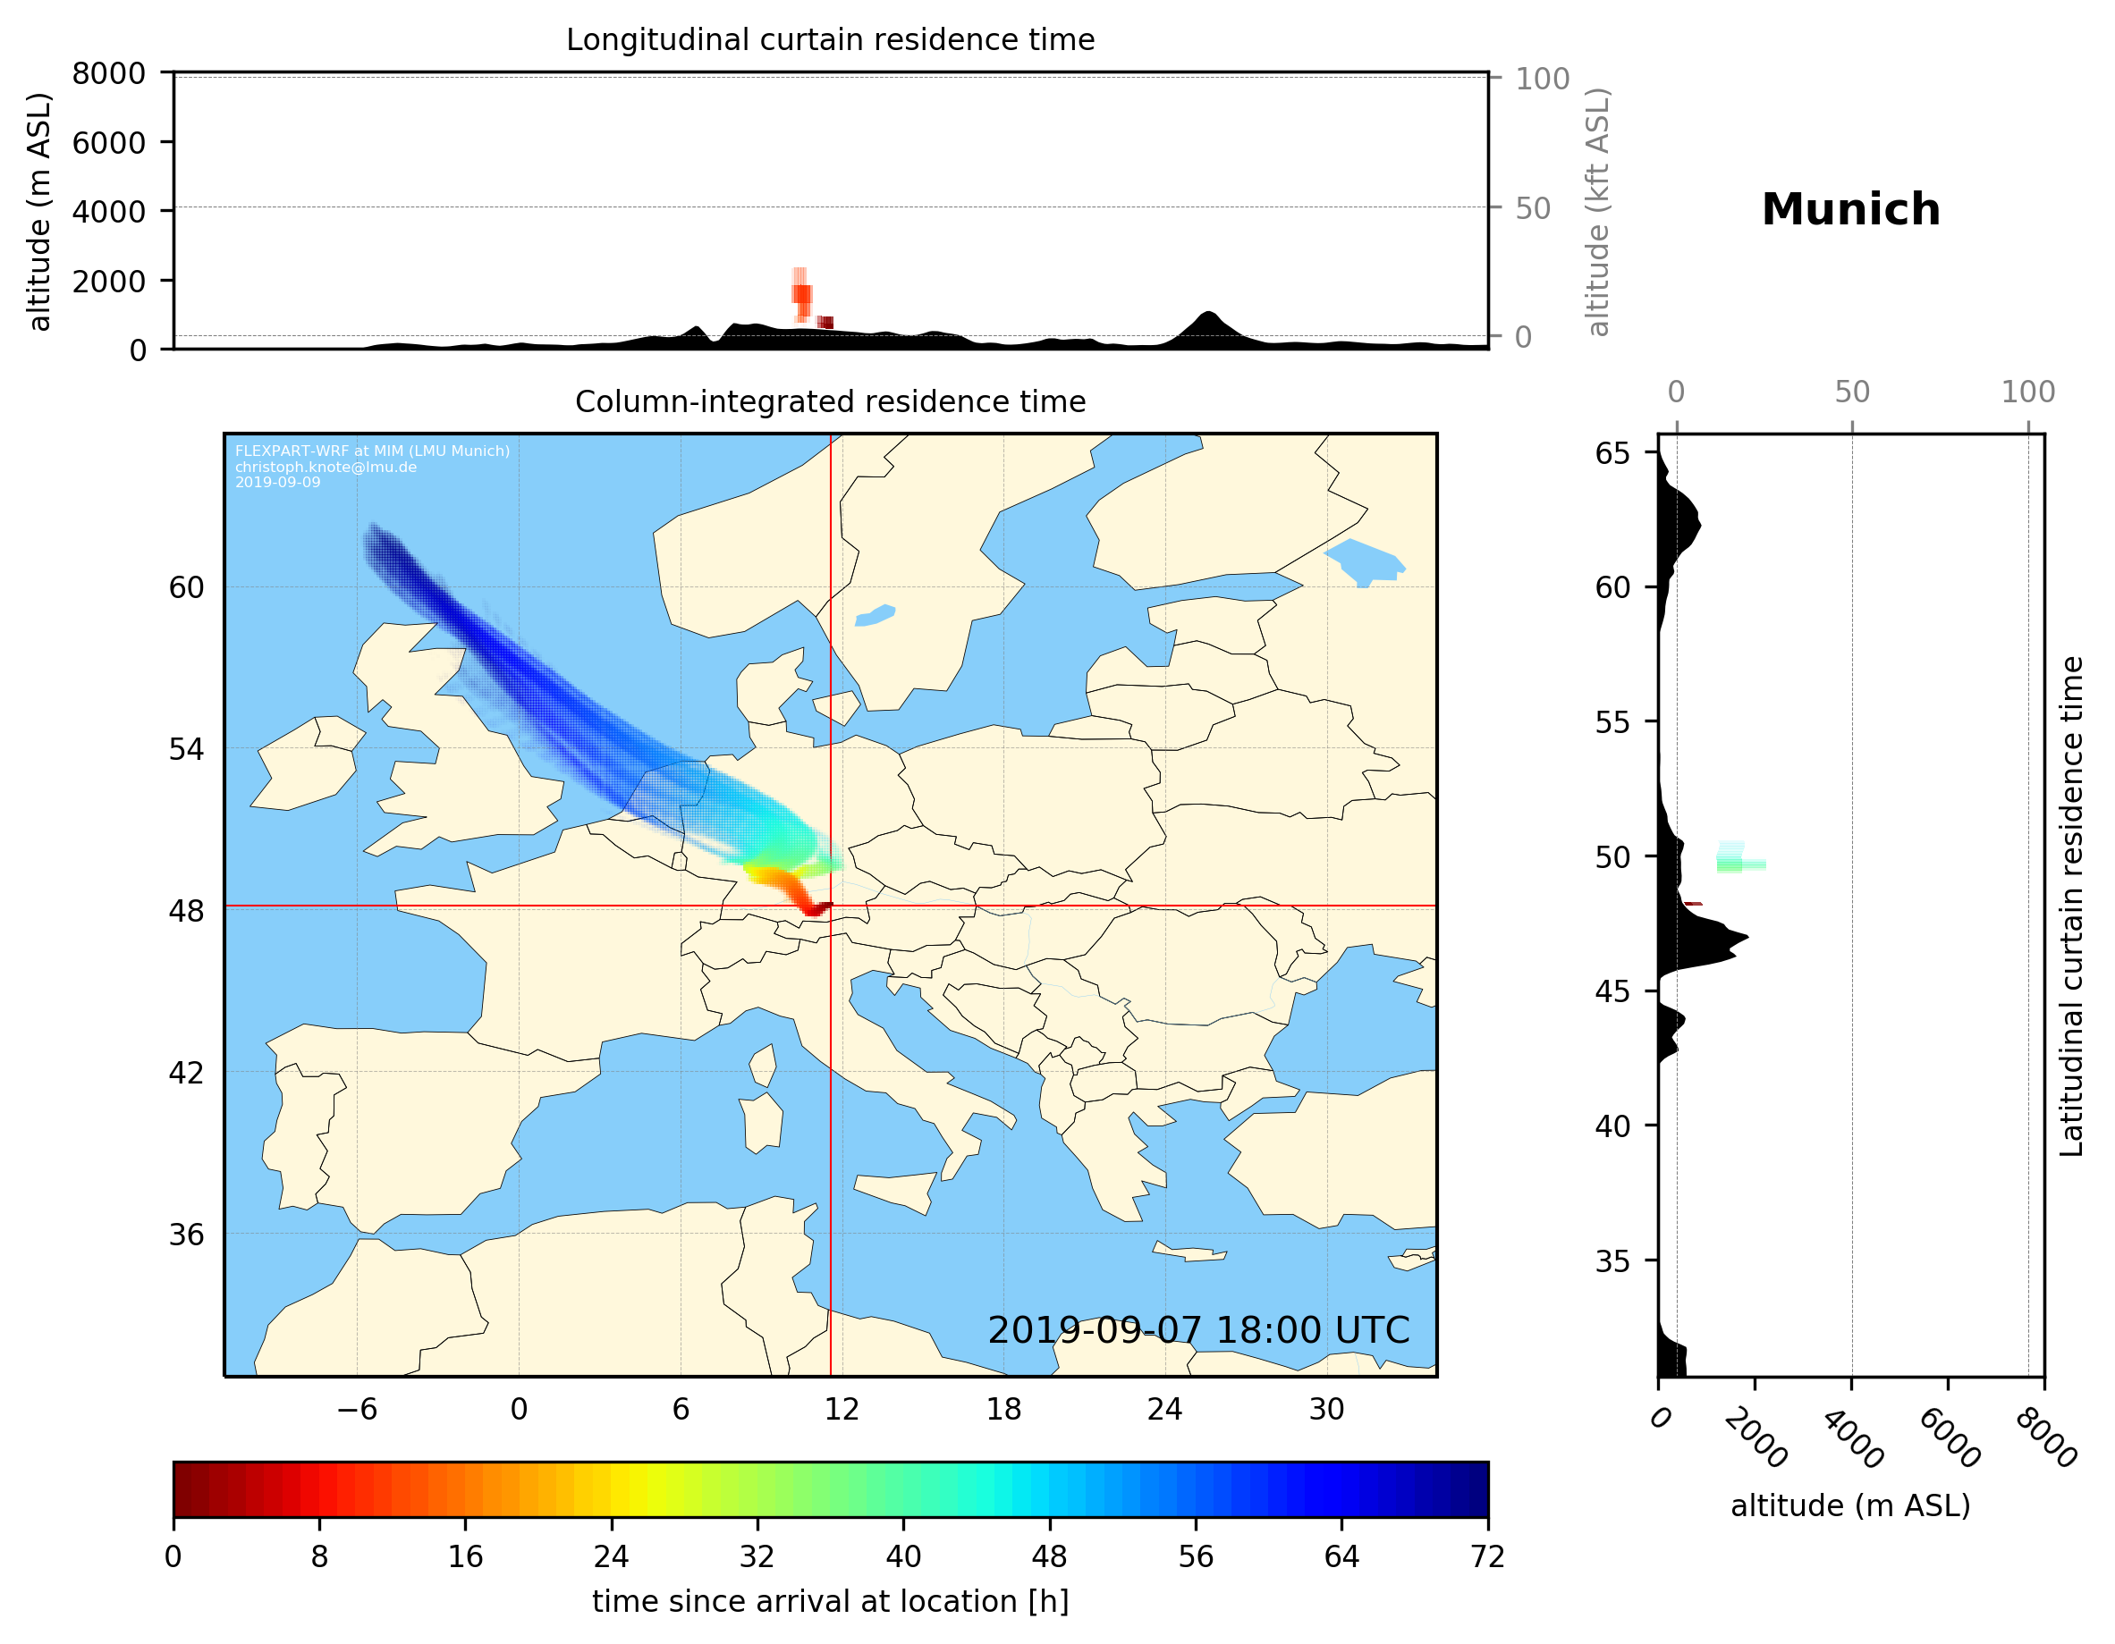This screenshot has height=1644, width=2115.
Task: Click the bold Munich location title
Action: (x=1850, y=210)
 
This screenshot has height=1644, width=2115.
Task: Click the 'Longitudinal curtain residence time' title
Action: (x=830, y=39)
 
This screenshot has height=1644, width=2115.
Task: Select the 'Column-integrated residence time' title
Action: (x=830, y=401)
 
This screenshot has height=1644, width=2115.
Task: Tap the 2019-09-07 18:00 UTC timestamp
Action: (x=1198, y=1330)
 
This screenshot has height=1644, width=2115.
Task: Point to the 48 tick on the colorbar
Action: (x=1049, y=1557)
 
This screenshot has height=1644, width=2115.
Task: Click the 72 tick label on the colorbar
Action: (x=1487, y=1557)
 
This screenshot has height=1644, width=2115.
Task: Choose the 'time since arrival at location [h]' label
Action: (x=830, y=1601)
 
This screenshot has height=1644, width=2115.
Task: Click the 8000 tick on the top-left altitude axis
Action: (x=108, y=73)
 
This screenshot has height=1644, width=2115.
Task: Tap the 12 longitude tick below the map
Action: (x=842, y=1409)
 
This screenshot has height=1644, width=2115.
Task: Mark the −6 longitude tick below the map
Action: (x=356, y=1409)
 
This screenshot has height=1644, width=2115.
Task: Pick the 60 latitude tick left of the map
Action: (x=186, y=587)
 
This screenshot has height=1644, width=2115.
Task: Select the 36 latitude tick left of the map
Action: (x=186, y=1235)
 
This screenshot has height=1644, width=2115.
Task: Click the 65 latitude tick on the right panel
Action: (x=1612, y=453)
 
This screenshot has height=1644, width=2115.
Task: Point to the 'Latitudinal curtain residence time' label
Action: (x=2070, y=906)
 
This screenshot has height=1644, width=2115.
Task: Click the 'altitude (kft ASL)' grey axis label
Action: (x=1598, y=212)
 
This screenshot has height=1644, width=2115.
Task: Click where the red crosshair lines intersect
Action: (x=831, y=906)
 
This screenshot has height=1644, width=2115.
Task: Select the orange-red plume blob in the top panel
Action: (x=802, y=293)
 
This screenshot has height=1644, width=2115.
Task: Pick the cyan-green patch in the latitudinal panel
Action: (x=1739, y=862)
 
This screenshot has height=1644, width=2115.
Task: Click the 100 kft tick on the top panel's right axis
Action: (x=1542, y=79)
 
